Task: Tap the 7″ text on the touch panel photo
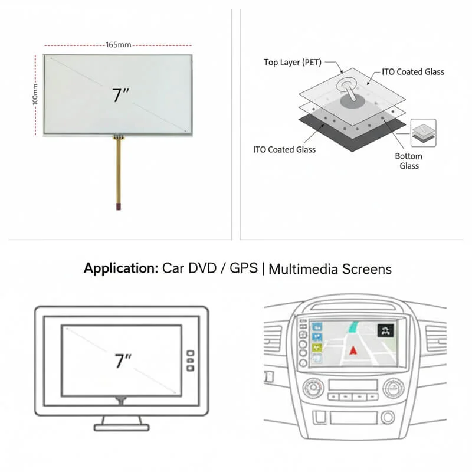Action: tap(120, 94)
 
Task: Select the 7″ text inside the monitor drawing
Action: tap(122, 360)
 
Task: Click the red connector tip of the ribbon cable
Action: tap(119, 206)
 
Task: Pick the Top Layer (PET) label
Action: tap(292, 62)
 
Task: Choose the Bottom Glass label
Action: tap(408, 161)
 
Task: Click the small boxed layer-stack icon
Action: tap(423, 133)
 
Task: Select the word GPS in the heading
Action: tap(243, 269)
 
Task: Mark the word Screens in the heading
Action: tap(367, 269)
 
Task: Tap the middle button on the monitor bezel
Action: tap(190, 360)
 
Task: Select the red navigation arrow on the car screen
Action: tap(353, 350)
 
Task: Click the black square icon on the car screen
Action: tap(386, 330)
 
